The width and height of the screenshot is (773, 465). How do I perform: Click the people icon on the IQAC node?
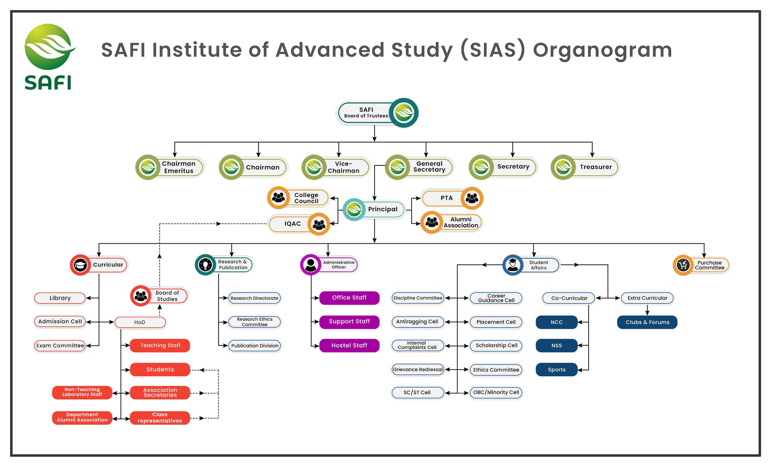(319, 224)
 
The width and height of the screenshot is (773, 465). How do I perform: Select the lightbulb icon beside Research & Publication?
(205, 265)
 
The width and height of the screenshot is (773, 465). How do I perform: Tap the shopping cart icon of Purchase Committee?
(683, 265)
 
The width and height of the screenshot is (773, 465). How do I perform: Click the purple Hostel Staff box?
(349, 345)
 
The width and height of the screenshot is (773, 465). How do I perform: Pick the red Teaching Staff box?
(160, 345)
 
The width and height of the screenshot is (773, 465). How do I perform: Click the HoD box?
(140, 322)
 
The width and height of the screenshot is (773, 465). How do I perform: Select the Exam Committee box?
(60, 346)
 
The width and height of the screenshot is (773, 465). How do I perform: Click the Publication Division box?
(254, 346)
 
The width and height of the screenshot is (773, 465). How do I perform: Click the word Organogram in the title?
(602, 50)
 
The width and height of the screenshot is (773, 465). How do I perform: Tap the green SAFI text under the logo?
(48, 83)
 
